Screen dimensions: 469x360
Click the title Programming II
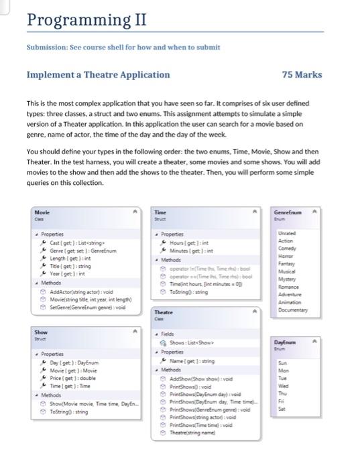tap(86, 19)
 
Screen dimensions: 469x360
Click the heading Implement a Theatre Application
tap(98, 74)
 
